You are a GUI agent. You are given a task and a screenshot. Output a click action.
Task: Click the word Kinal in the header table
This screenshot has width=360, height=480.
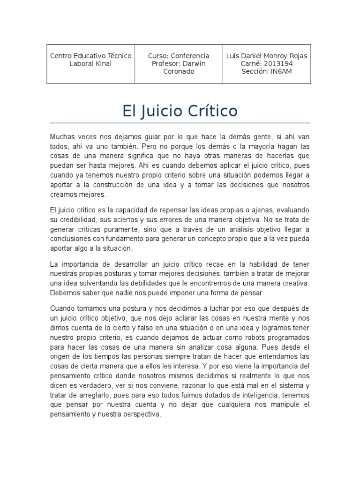click(x=102, y=64)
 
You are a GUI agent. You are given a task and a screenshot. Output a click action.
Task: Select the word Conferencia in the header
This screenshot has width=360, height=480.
click(x=190, y=56)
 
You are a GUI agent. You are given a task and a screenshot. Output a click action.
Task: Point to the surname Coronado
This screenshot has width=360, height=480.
click(x=178, y=72)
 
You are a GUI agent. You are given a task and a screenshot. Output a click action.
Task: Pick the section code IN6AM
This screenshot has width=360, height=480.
click(x=280, y=72)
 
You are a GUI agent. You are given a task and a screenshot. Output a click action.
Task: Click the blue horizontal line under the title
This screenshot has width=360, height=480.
click(x=180, y=123)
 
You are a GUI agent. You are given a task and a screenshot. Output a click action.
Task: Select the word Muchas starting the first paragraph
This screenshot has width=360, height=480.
click(x=62, y=137)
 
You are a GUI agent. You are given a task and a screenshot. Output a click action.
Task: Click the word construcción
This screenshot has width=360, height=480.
click(x=121, y=185)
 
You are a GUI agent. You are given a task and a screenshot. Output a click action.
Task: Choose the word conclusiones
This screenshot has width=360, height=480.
click(x=70, y=239)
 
